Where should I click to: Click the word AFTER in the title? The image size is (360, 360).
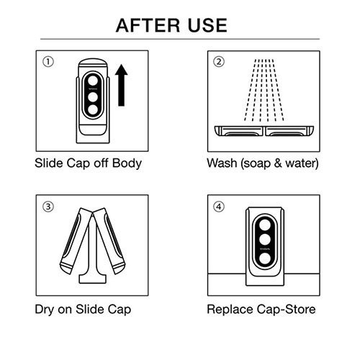[148, 25]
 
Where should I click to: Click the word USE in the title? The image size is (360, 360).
[207, 25]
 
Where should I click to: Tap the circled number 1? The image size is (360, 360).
[48, 62]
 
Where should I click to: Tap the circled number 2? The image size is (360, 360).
[219, 62]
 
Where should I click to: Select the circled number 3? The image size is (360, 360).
[48, 207]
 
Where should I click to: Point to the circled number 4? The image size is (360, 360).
[219, 207]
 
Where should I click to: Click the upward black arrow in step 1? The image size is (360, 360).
[121, 85]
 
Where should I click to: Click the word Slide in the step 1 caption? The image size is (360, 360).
[49, 163]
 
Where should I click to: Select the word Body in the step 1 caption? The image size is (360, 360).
[127, 163]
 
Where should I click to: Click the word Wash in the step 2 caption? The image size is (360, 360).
[222, 163]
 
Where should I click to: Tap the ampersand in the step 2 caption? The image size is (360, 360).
[278, 163]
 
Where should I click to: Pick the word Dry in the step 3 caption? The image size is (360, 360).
[45, 310]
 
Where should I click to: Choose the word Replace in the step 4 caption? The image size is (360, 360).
[230, 310]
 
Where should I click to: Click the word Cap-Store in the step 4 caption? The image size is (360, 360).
[286, 310]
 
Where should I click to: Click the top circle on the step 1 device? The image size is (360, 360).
[93, 81]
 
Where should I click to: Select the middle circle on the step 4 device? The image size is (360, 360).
[265, 239]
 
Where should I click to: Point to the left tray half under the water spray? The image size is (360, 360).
[238, 131]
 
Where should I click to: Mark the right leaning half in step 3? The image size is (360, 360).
[109, 240]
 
